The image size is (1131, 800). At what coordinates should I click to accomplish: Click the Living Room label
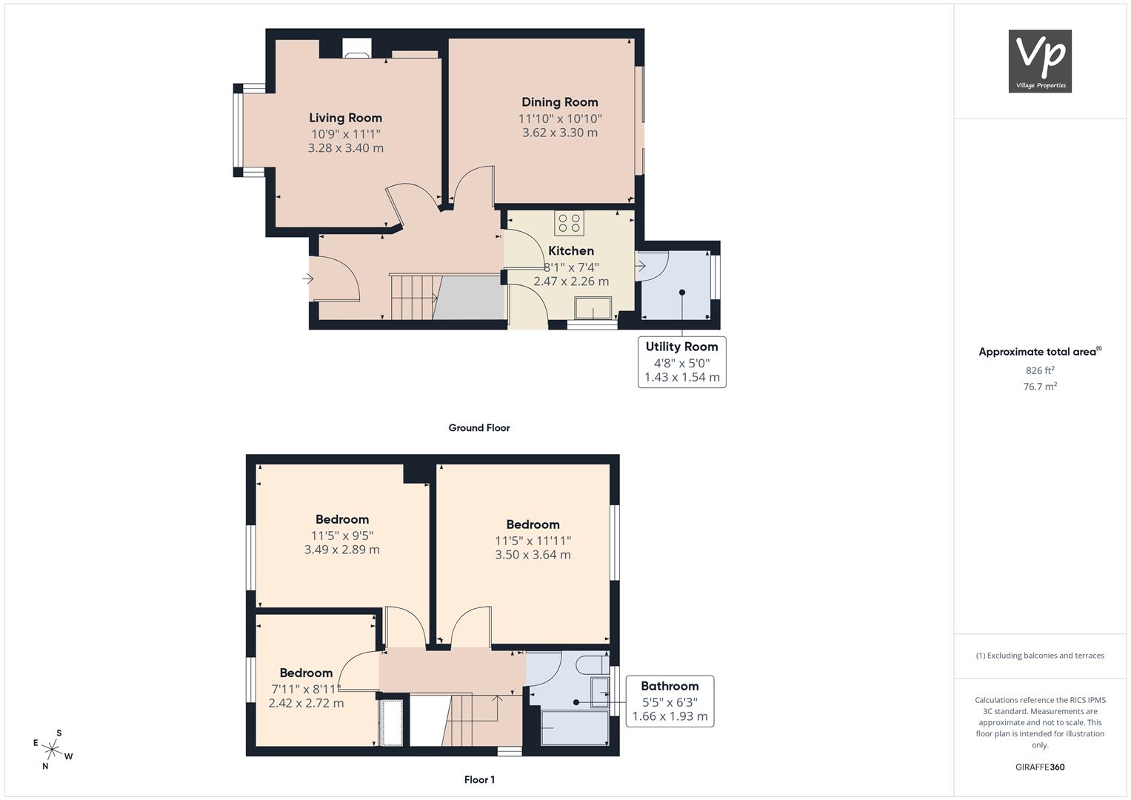[345, 118]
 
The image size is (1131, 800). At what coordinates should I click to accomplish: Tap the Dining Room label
[559, 102]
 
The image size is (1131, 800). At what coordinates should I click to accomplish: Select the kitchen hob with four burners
[569, 223]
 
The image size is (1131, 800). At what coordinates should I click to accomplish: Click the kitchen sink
[593, 308]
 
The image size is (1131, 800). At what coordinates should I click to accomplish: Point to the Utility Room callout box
[681, 362]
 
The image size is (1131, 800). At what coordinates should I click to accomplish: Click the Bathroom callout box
[670, 701]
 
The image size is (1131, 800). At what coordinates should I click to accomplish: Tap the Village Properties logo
[1040, 61]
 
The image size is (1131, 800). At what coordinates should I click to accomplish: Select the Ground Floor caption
[479, 428]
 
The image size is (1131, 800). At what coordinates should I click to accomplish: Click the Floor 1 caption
[479, 780]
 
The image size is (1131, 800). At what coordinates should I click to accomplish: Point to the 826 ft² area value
[1040, 370]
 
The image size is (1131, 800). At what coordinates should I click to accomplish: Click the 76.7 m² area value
[1040, 387]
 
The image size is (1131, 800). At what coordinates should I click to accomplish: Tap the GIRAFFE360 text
[1040, 767]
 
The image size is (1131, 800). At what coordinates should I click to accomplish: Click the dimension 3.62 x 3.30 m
[559, 133]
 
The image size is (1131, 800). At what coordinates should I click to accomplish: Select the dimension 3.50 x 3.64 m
[533, 555]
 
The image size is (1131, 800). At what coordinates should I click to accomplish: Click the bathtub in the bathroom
[575, 727]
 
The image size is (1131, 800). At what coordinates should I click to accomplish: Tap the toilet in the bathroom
[593, 664]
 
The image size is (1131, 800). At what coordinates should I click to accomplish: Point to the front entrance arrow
[307, 279]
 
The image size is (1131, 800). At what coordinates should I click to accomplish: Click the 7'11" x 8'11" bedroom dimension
[306, 689]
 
